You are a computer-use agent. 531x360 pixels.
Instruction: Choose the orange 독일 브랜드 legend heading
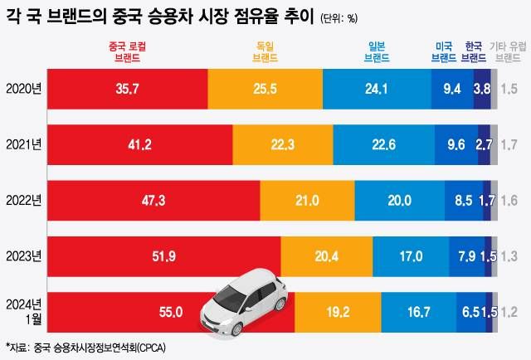(x=264, y=53)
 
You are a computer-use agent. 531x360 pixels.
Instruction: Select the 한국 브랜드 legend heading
(x=475, y=53)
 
